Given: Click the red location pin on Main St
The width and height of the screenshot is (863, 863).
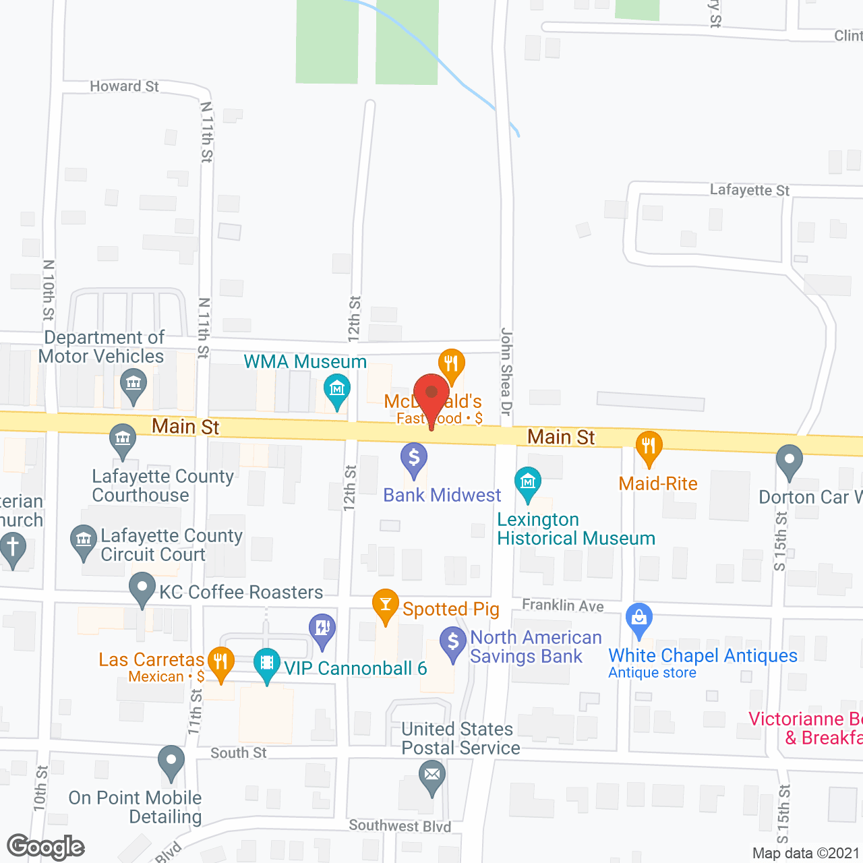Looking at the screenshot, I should (x=431, y=393).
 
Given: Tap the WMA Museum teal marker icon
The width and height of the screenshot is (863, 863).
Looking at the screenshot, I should (x=336, y=389).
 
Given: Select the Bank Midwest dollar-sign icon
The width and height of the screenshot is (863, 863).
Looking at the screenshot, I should (x=414, y=458).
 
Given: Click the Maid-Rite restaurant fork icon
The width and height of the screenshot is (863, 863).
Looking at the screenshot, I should (x=649, y=446).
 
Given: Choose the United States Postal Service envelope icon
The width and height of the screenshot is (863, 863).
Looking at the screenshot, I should (x=432, y=774).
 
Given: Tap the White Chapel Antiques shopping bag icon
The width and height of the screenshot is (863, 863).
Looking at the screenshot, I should (x=639, y=617).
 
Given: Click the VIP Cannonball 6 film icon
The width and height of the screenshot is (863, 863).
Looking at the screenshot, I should (x=267, y=662).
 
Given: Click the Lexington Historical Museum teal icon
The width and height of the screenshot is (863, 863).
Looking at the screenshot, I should (x=527, y=481).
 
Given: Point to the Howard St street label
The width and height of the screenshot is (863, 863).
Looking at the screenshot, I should (x=125, y=86).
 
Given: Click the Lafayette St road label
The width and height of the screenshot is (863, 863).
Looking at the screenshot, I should (x=749, y=190).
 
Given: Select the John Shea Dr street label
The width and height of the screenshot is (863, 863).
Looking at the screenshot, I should (x=506, y=371).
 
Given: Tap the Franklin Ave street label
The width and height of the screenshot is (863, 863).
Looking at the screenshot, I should (x=563, y=605).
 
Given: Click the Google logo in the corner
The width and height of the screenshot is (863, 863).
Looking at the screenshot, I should (x=46, y=847).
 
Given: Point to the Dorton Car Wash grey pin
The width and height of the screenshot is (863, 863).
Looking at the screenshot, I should (x=789, y=460).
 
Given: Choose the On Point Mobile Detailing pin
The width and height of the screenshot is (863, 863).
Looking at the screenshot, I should (x=171, y=760).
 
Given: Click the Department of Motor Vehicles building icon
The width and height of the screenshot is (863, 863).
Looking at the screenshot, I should (x=133, y=384).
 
